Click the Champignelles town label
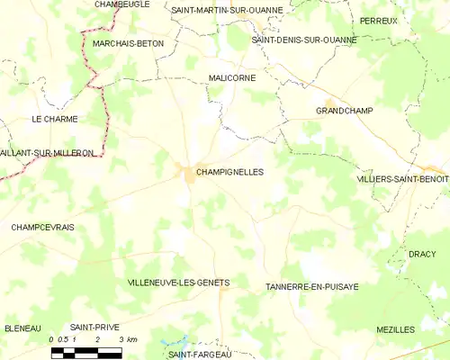pos(229,171)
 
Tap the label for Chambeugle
pos(122,4)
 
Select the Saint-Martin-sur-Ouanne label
pos(227,10)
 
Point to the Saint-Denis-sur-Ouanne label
pos(304,40)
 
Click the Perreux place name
pos(378,20)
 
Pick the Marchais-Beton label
pos(128,43)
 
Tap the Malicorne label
pos(231,78)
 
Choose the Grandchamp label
pos(345,110)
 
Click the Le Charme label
pos(54,119)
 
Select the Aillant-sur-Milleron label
pos(47,153)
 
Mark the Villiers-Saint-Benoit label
pos(403,179)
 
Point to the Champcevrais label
pos(43,227)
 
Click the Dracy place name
pos(421,255)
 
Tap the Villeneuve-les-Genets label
pos(178,283)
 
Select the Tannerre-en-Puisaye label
pos(312,286)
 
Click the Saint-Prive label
pos(94,328)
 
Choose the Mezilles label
pos(396,329)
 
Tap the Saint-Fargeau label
pos(200,354)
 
